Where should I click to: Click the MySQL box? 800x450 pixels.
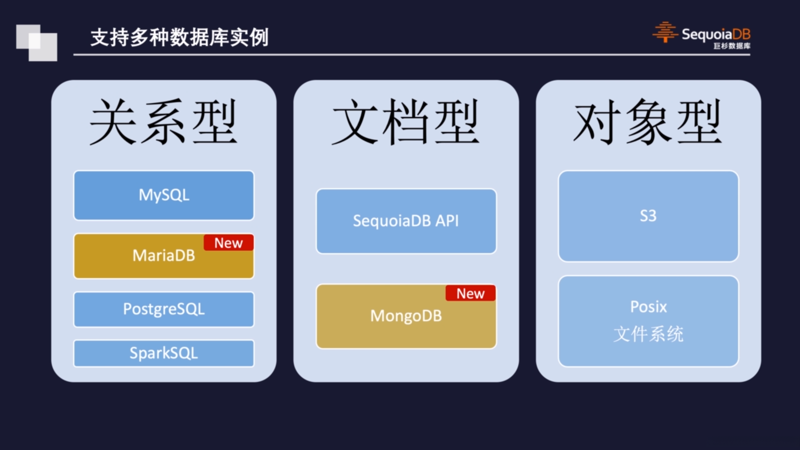[x=164, y=195]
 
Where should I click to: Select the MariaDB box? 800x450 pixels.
[x=164, y=256]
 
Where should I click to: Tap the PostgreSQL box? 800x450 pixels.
[x=164, y=309]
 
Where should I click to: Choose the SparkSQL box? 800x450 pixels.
[x=164, y=353]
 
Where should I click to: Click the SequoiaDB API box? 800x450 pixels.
[x=406, y=221]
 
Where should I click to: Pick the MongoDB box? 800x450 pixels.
[x=406, y=317]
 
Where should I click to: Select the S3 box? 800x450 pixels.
[x=648, y=216]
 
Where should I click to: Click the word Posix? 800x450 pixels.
[x=648, y=307]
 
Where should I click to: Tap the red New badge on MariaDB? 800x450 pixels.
[x=229, y=243]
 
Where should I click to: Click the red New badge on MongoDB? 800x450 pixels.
[x=471, y=293]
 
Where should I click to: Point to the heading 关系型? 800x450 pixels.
[x=163, y=122]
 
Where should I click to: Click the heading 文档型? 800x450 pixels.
[x=406, y=122]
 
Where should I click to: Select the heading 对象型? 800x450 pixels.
[x=648, y=122]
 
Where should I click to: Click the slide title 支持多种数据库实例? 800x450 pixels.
[x=180, y=37]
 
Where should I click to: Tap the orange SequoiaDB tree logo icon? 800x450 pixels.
[x=665, y=32]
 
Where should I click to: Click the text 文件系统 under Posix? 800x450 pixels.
[x=648, y=334]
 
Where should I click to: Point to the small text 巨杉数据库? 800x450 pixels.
[x=732, y=46]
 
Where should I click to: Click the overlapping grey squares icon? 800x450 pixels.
[x=37, y=43]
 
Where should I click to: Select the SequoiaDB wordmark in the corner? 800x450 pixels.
[x=716, y=34]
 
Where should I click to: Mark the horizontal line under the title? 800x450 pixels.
[x=412, y=55]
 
